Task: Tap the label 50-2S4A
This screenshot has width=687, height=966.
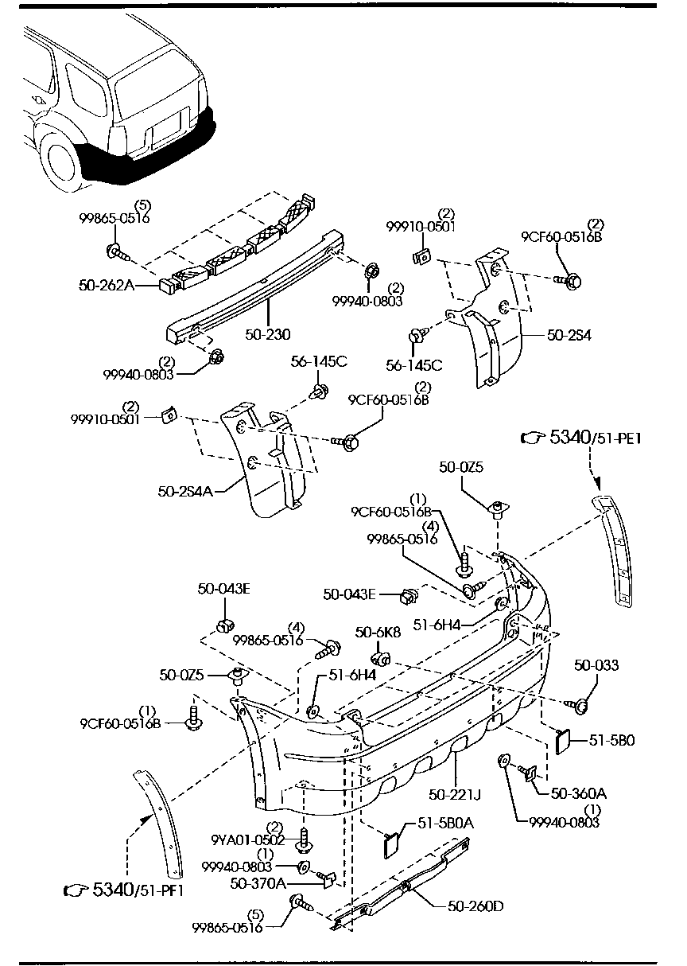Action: tap(185, 491)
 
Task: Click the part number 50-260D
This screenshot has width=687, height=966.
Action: tap(475, 905)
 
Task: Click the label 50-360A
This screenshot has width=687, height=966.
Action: tap(578, 793)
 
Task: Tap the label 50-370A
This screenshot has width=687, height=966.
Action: tap(257, 882)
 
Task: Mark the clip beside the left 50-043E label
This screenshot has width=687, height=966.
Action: tap(224, 621)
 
